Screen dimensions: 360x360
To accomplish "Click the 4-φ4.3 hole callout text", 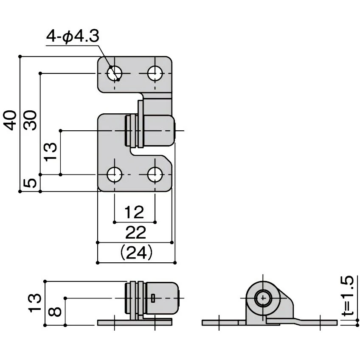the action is pyautogui.click(x=73, y=36).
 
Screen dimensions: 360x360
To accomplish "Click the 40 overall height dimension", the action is pyautogui.click(x=11, y=120).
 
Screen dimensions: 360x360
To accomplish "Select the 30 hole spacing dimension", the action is pyautogui.click(x=30, y=120).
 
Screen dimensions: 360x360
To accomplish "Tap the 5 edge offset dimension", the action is pyautogui.click(x=30, y=183).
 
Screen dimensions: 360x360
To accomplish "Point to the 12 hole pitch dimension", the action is pyautogui.click(x=134, y=212).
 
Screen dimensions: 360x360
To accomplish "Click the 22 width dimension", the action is pyautogui.click(x=136, y=233).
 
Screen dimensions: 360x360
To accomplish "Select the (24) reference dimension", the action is pyautogui.click(x=136, y=252).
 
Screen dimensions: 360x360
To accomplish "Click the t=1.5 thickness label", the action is pyautogui.click(x=350, y=296).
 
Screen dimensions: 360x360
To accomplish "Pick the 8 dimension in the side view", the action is pyautogui.click(x=55, y=312).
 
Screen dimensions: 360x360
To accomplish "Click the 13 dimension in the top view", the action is pyautogui.click(x=50, y=152).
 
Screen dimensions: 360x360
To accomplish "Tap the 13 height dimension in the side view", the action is pyautogui.click(x=35, y=303).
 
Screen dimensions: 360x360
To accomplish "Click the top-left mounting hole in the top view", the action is pyautogui.click(x=114, y=73).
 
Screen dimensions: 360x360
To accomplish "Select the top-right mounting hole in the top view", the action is pyautogui.click(x=155, y=73).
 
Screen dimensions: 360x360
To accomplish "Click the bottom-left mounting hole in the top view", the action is pyautogui.click(x=114, y=175).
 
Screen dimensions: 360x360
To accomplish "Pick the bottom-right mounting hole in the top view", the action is pyautogui.click(x=155, y=175).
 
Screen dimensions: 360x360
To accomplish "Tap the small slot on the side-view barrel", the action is pyautogui.click(x=153, y=298).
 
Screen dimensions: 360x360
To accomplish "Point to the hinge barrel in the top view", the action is pyautogui.click(x=150, y=131).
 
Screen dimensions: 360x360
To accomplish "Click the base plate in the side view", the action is pyautogui.click(x=135, y=323).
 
